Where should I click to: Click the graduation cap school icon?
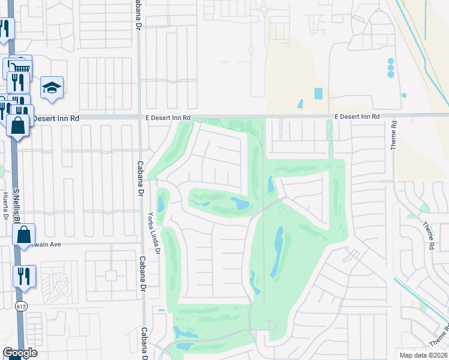click(52, 88)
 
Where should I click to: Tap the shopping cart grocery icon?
click(21, 67)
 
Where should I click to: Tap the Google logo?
click(20, 353)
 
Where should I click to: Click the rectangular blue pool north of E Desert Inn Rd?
click(318, 94)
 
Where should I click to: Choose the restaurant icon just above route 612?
click(25, 276)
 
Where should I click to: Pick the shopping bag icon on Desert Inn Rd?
click(18, 125)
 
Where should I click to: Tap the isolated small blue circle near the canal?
click(404, 95)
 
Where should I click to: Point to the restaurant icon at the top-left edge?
click(5, 28)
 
